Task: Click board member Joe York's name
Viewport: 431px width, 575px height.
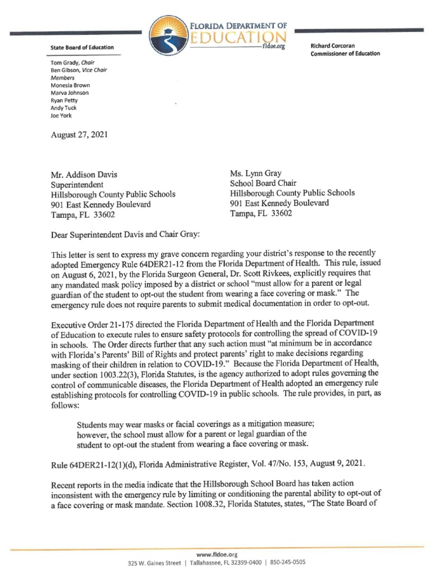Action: point(61,115)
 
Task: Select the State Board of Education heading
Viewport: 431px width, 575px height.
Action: point(82,48)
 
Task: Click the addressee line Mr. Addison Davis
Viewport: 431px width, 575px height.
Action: point(84,174)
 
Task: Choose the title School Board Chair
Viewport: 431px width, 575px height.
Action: point(263,182)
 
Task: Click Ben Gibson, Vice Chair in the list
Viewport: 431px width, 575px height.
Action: point(79,70)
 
